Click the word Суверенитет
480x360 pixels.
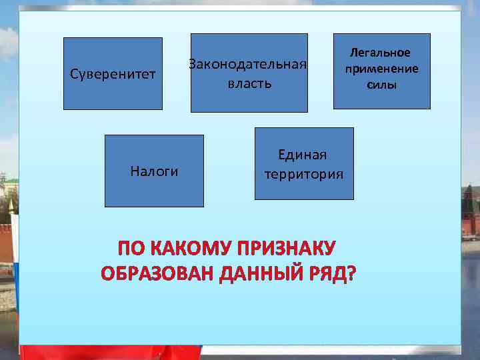[113, 73]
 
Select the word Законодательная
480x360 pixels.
[248, 65]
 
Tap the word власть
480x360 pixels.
[249, 84]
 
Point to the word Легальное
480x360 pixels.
[381, 53]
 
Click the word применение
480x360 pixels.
[381, 69]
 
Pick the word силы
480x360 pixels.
[381, 85]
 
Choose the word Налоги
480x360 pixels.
[154, 171]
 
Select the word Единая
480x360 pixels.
[303, 155]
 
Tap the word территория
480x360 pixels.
[304, 175]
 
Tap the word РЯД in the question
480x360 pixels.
[326, 274]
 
